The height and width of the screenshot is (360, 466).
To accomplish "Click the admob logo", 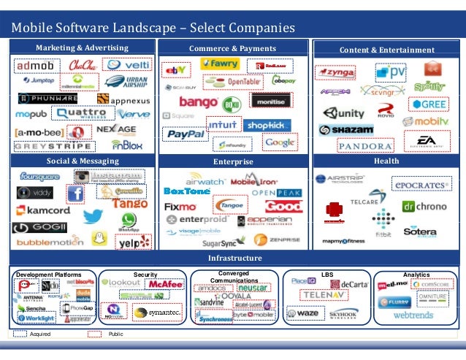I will click(x=34, y=67).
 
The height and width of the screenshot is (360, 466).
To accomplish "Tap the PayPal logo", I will click(x=186, y=134).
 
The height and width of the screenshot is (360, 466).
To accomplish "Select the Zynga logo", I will click(x=335, y=73).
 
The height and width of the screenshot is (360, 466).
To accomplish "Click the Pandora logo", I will click(x=364, y=145).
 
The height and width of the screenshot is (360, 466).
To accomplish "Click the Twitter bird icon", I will click(x=92, y=216).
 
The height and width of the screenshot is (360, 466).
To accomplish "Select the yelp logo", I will click(x=134, y=242).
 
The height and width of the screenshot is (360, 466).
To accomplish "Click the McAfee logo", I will click(x=165, y=284).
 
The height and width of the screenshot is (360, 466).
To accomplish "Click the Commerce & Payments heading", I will click(x=232, y=49).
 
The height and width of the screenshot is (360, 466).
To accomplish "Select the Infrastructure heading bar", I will click(x=232, y=258).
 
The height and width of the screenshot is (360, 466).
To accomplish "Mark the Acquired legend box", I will click(x=19, y=334).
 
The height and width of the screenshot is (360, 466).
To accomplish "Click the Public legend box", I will click(x=95, y=334).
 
